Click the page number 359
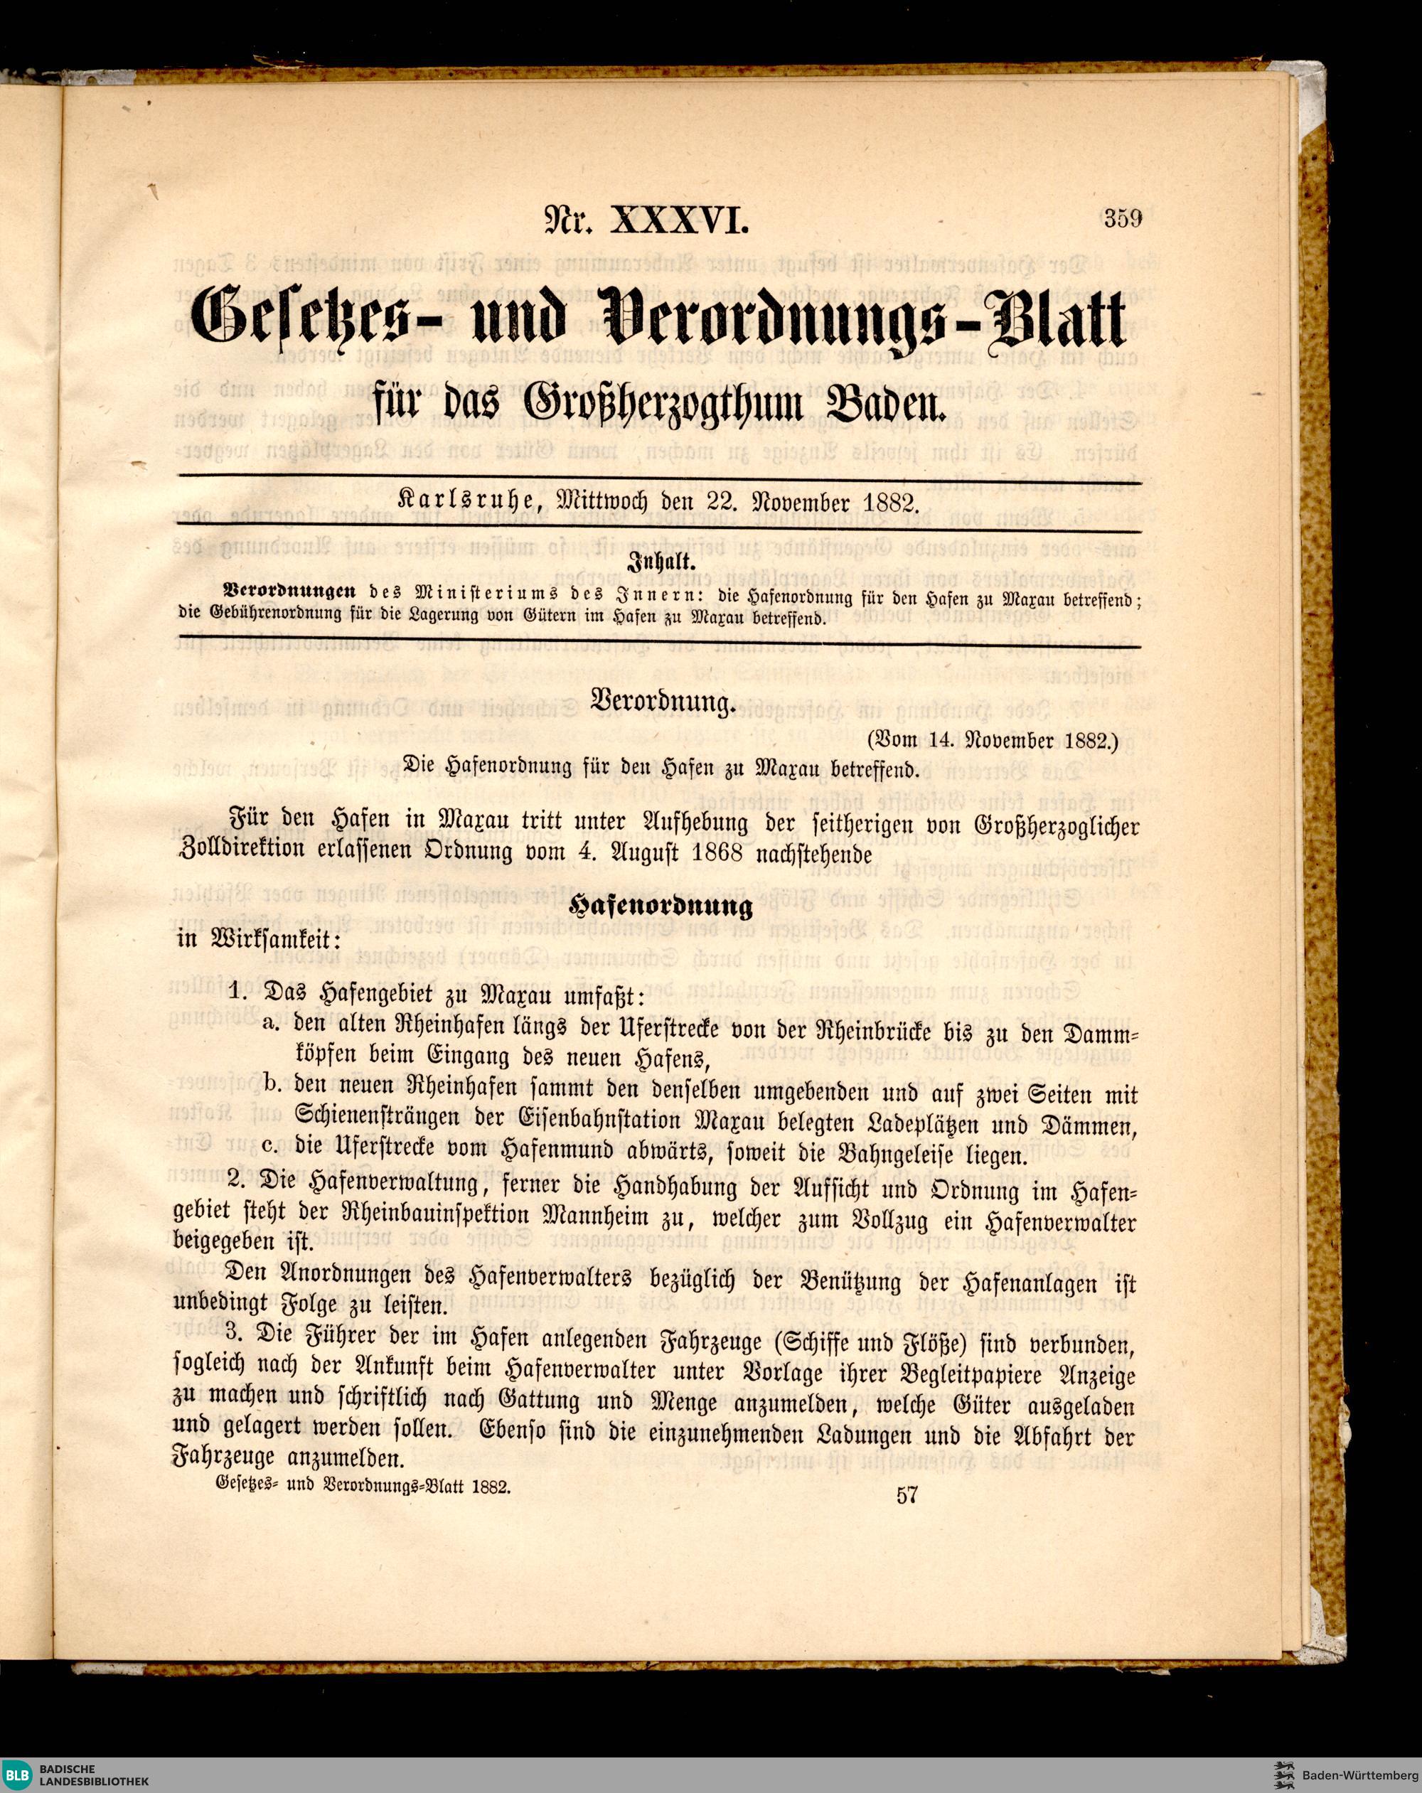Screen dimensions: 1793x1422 (1123, 220)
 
